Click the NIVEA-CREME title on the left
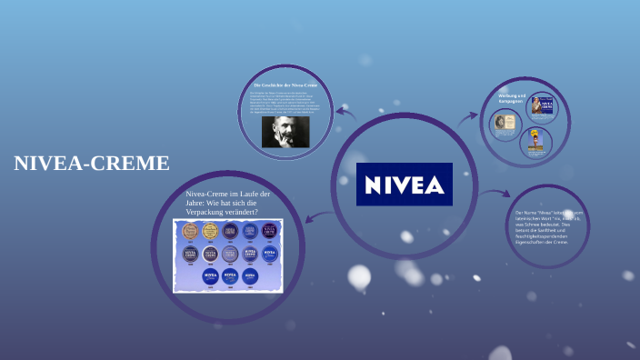(91, 164)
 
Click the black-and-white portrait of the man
(285, 132)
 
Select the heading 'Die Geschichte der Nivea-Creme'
(285, 85)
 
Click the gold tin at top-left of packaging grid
(191, 231)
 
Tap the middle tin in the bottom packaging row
(230, 275)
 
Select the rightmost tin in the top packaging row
(271, 231)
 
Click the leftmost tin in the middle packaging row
(191, 254)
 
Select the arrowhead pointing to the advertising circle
(473, 116)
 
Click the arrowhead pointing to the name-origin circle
(505, 194)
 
